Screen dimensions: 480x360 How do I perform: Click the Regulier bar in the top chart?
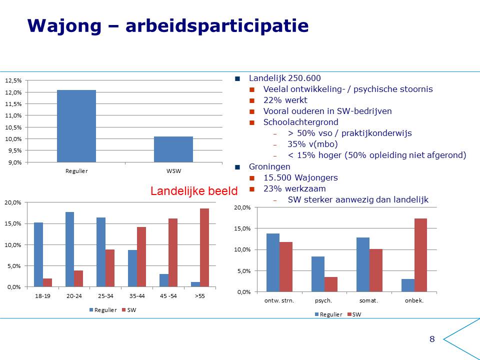point(76,126)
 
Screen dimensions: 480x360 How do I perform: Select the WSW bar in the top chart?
point(173,149)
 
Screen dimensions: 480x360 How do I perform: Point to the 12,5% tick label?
point(13,80)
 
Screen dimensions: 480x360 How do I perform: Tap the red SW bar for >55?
point(204,247)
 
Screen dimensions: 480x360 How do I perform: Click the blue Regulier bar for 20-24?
point(70,249)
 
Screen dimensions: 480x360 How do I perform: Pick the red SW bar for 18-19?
point(47,282)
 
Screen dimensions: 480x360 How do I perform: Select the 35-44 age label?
point(137,296)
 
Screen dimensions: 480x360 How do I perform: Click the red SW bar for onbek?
point(420,255)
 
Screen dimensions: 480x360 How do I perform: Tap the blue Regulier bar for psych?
point(318,274)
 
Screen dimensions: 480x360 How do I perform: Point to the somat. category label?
point(369,300)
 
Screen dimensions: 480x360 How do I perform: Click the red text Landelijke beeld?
point(194,191)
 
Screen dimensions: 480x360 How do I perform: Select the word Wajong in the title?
point(64,25)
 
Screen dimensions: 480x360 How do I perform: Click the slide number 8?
point(432,339)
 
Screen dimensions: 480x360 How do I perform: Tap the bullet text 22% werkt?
point(285,100)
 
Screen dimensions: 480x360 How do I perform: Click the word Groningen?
point(269,167)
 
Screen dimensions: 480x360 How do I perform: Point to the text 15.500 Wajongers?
point(300,177)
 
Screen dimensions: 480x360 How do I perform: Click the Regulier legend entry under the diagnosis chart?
point(328,314)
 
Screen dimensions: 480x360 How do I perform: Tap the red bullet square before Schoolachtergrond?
point(252,122)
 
